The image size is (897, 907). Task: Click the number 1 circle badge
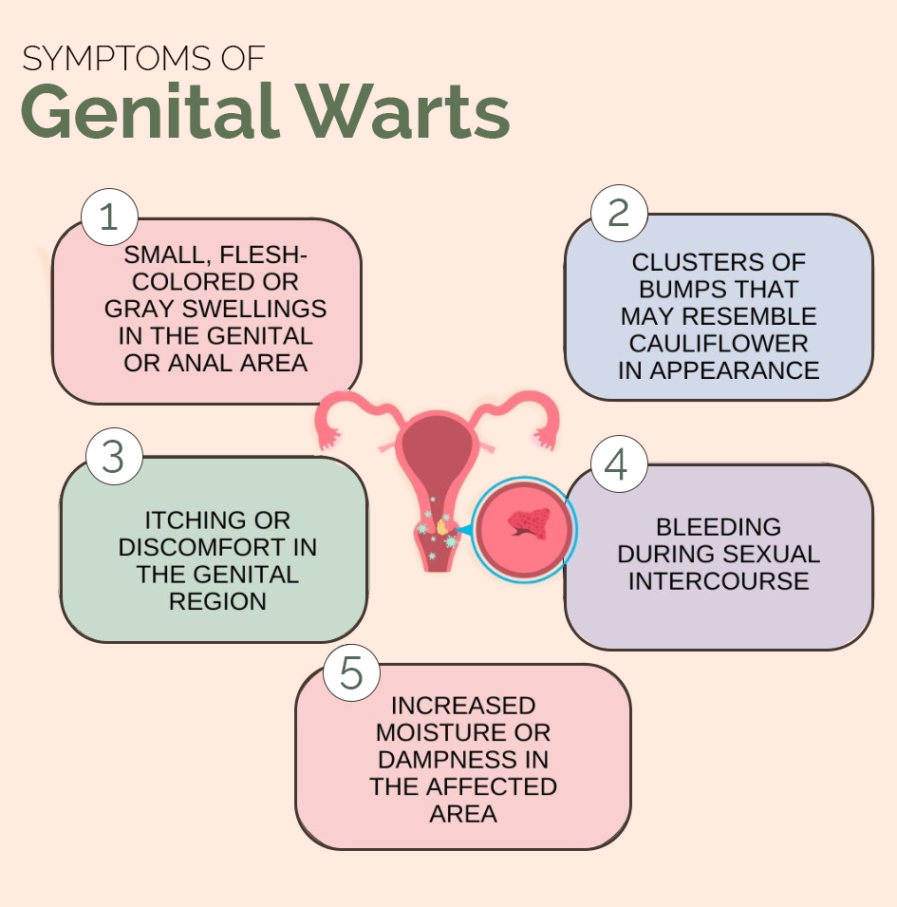(109, 217)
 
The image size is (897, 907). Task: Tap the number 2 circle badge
(619, 214)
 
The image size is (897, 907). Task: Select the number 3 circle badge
(114, 457)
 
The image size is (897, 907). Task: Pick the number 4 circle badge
(619, 463)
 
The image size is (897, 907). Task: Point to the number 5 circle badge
(351, 672)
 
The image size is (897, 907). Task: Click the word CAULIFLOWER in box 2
(719, 344)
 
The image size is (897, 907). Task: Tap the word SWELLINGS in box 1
(254, 309)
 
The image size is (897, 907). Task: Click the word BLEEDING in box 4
(719, 527)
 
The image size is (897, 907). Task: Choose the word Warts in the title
(403, 111)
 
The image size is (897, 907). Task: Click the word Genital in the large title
(148, 111)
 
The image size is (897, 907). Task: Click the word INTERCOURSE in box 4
(719, 581)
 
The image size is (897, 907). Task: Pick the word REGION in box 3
(217, 601)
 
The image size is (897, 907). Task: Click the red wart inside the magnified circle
(530, 523)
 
